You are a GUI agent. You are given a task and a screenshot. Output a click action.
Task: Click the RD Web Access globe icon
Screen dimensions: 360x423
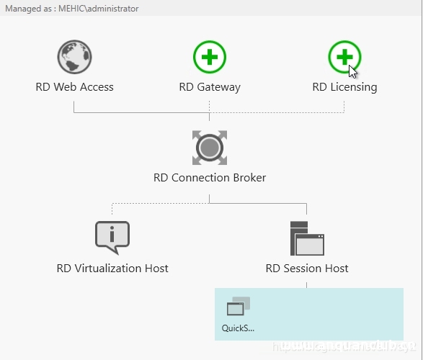(74, 57)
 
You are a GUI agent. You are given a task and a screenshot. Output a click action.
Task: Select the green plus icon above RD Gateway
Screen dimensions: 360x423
(209, 57)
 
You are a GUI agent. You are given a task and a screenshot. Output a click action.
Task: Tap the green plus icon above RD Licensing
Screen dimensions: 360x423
(344, 57)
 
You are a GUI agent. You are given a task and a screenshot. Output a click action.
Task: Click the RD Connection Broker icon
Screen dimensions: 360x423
(209, 148)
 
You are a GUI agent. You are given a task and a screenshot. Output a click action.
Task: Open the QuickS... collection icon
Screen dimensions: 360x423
(238, 307)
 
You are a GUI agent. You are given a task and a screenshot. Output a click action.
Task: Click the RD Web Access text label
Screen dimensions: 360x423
(74, 87)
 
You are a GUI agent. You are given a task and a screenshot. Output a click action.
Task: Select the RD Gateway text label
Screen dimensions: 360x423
(209, 87)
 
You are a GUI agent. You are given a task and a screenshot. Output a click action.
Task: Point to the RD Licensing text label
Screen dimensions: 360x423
(344, 87)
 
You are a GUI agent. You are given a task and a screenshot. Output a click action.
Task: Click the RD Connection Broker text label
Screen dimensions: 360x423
(209, 178)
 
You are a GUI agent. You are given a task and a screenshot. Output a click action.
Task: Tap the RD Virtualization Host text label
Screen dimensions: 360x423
(112, 269)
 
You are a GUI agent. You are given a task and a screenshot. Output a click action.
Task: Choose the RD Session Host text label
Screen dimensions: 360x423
(307, 269)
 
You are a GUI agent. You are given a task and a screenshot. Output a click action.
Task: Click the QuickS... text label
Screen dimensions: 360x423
(238, 329)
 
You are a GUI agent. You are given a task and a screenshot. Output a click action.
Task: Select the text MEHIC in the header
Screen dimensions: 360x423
(68, 9)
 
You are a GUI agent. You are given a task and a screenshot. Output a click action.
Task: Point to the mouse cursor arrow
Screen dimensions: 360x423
(352, 71)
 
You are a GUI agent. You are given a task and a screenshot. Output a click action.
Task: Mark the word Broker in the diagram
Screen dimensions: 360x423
(247, 178)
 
